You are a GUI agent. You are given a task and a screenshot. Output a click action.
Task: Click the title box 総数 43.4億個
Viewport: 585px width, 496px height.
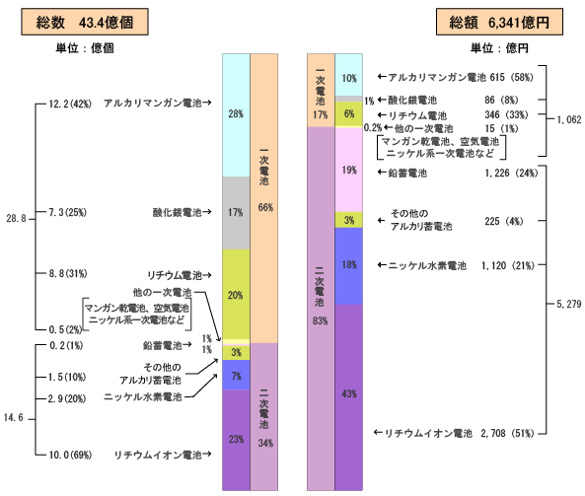coord(85,22)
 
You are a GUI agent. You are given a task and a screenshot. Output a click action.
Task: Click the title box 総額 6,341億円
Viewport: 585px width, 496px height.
coord(499,22)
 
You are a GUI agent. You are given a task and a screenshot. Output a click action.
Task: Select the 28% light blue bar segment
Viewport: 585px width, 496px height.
coord(236,115)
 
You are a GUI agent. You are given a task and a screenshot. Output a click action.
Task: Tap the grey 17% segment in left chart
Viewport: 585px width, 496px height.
coord(236,213)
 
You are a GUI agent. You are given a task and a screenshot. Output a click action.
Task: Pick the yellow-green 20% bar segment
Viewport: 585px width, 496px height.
coord(236,294)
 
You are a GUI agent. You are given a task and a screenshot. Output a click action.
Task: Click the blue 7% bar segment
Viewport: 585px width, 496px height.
coord(236,375)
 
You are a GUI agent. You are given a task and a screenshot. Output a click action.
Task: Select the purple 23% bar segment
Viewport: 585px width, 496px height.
coord(236,440)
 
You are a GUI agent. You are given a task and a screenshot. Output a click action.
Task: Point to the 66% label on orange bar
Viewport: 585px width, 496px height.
coord(265,207)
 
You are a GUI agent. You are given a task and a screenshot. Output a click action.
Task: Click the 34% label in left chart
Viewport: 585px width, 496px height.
coord(265,443)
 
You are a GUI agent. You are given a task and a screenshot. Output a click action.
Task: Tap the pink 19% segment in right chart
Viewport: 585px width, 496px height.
coord(349,170)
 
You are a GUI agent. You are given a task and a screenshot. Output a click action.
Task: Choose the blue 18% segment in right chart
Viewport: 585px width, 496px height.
coord(349,266)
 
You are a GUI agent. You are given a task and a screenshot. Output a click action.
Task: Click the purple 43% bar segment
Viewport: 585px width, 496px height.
coord(349,397)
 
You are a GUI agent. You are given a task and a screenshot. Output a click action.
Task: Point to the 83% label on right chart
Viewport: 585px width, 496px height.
coord(320,320)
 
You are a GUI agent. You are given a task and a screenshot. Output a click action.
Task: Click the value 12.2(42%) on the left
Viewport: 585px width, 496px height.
coord(70,104)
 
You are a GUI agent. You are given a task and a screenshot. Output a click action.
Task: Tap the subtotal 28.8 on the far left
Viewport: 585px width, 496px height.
coord(16,219)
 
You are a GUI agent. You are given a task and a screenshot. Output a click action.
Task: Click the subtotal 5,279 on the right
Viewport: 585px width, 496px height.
coord(569,305)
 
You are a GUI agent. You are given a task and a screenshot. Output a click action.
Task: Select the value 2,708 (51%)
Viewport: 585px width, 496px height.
coord(507,433)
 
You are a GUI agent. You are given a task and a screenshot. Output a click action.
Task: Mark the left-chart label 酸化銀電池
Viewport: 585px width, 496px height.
coord(177,213)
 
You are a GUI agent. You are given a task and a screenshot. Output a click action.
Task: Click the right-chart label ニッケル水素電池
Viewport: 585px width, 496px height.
coord(427,265)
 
